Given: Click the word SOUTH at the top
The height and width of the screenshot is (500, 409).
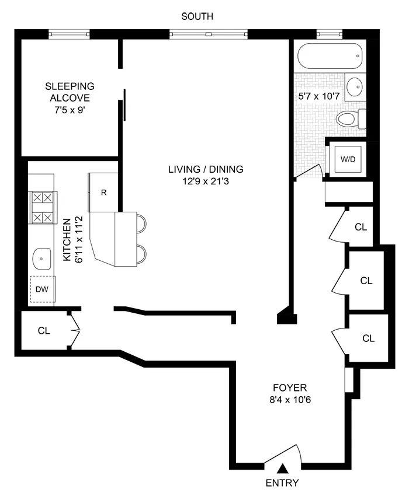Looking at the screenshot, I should tap(197, 17).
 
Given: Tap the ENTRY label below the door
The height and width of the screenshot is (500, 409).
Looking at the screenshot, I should tap(282, 482).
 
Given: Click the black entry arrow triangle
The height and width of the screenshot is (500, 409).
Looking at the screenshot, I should tap(283, 468).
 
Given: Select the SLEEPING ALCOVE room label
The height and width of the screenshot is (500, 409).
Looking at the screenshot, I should tap(70, 92).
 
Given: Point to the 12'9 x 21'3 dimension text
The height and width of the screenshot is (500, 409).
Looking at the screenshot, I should tap(205, 181).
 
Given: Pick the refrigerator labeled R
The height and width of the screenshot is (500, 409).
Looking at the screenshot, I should tap(103, 193).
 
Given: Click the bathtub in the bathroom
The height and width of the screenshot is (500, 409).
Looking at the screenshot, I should tap(330, 58).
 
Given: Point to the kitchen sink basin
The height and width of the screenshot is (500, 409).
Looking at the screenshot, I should tap(42, 256).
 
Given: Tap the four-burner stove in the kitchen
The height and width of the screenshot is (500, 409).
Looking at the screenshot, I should tap(41, 208).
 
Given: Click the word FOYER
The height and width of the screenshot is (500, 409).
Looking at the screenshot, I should tap(290, 387).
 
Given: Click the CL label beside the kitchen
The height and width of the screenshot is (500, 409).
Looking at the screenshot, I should tap(44, 331).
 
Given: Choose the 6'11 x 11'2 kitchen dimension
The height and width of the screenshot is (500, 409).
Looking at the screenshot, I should tap(79, 240).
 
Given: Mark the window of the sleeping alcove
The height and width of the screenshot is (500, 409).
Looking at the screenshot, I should tap(69, 34).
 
